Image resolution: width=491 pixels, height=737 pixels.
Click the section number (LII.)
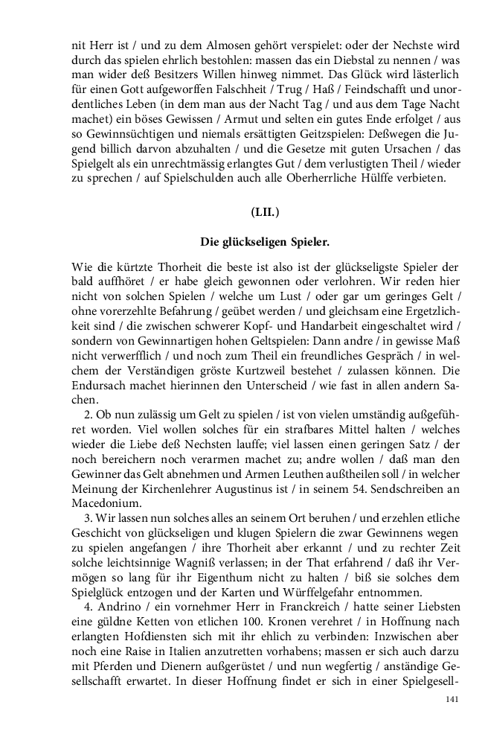[265, 212]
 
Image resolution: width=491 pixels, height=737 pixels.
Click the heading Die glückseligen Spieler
[265, 242]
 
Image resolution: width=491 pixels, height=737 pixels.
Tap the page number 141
[452, 699]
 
